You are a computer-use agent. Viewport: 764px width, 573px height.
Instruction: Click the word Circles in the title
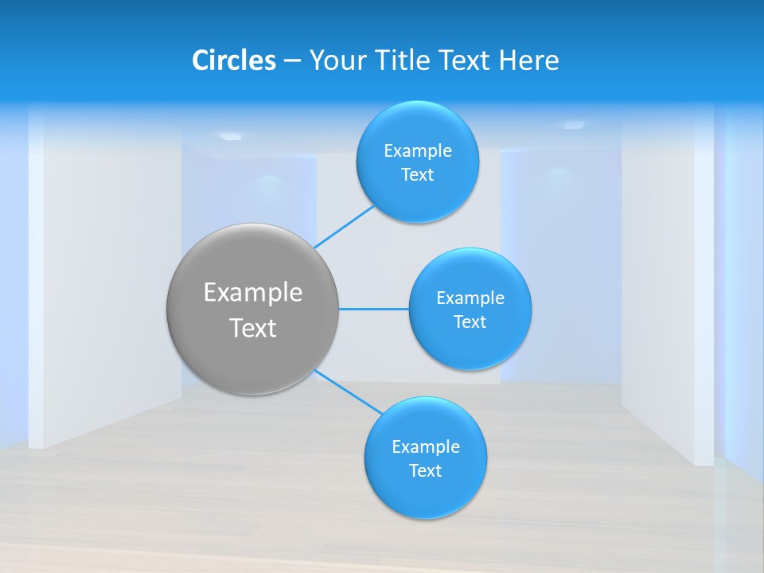[x=234, y=60]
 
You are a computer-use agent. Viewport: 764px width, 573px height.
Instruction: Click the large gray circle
[x=253, y=350]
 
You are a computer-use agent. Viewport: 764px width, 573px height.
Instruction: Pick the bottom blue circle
[x=425, y=497]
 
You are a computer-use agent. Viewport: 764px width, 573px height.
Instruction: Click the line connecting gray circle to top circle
[x=344, y=227]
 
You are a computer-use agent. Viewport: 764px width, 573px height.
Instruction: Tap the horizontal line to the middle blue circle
[x=373, y=309]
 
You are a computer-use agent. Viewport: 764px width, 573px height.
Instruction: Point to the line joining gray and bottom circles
[x=348, y=392]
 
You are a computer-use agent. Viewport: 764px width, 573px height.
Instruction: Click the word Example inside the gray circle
[x=253, y=292]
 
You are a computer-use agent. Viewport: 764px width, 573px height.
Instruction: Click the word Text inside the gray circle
[x=253, y=328]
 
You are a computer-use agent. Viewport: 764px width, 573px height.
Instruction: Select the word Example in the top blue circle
[x=417, y=151]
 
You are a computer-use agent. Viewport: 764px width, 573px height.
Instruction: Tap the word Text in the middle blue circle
[x=470, y=322]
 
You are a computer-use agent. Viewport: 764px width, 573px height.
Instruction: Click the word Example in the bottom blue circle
[x=425, y=446]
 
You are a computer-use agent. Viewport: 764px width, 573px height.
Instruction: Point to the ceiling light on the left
[x=230, y=136]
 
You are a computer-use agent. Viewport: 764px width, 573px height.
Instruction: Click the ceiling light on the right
[x=574, y=125]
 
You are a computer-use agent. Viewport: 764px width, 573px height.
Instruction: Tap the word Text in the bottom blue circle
[x=425, y=470]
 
